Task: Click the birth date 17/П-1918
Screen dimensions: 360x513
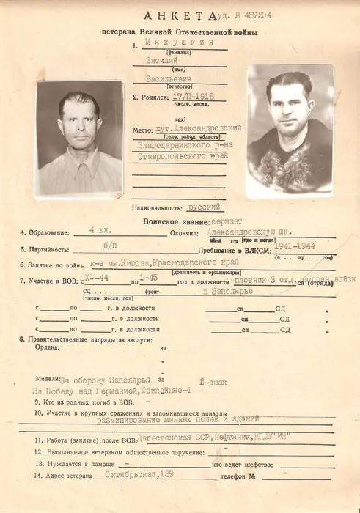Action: coord(175,97)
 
